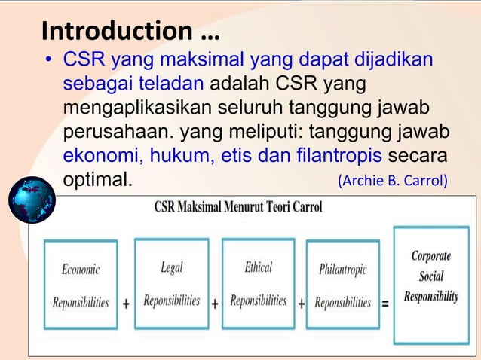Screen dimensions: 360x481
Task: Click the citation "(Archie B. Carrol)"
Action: [393, 181]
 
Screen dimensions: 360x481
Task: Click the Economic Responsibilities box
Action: [81, 285]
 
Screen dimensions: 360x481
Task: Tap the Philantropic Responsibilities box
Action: [343, 285]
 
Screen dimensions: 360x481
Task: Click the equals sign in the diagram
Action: [385, 304]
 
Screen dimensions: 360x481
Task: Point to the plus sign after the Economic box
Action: [125, 304]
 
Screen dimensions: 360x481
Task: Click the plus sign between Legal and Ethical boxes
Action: [215, 304]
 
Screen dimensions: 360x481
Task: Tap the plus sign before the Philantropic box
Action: [302, 304]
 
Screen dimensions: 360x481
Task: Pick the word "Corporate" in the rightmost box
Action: [431, 256]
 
